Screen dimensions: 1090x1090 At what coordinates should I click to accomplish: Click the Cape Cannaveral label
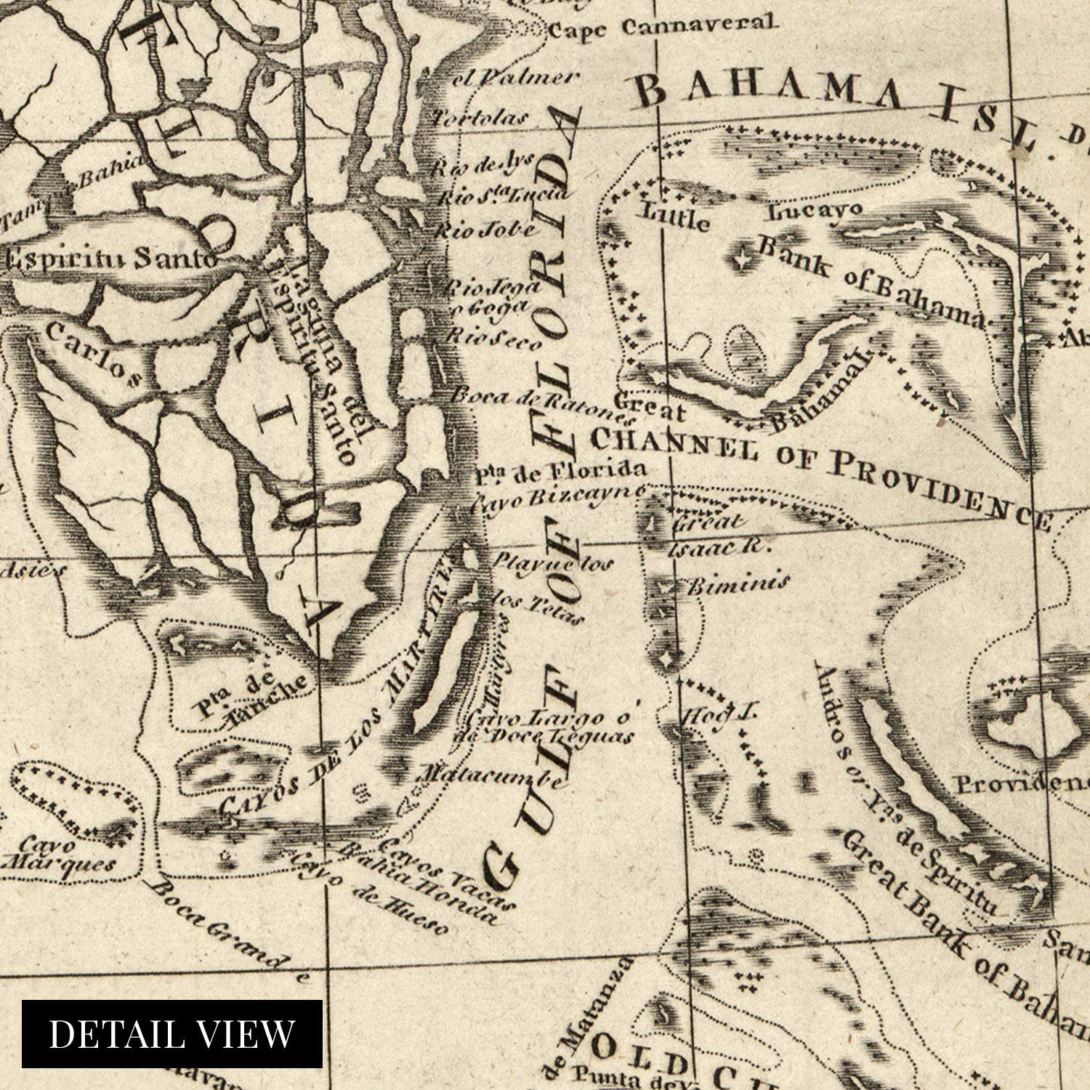click(659, 27)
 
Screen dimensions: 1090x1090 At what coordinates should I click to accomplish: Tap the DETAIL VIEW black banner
click(172, 1033)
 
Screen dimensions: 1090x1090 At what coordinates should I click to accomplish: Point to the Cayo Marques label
click(58, 855)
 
